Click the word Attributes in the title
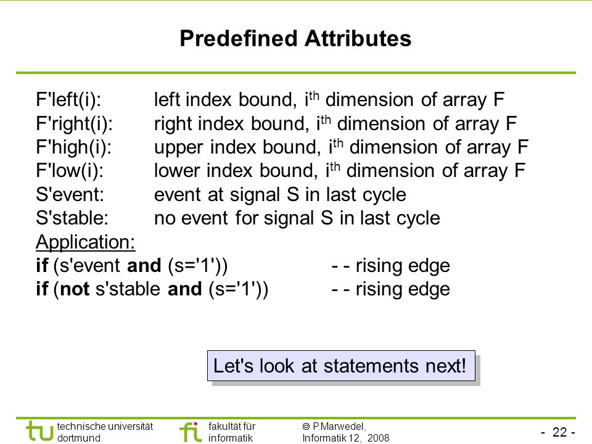point(358,38)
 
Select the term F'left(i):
point(68,100)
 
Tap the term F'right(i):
point(75,124)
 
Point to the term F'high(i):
point(73,147)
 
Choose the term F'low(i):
point(70,171)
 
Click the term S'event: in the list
point(70,195)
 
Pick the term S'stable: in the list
point(72,218)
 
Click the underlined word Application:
point(85,242)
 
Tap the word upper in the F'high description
point(179,148)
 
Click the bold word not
point(75,289)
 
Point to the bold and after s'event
point(144,265)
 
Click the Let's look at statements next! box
point(341,366)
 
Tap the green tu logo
point(39,431)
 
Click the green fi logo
point(191,432)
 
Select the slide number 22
point(559,432)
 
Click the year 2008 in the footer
point(378,438)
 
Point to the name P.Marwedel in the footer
point(339,427)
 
